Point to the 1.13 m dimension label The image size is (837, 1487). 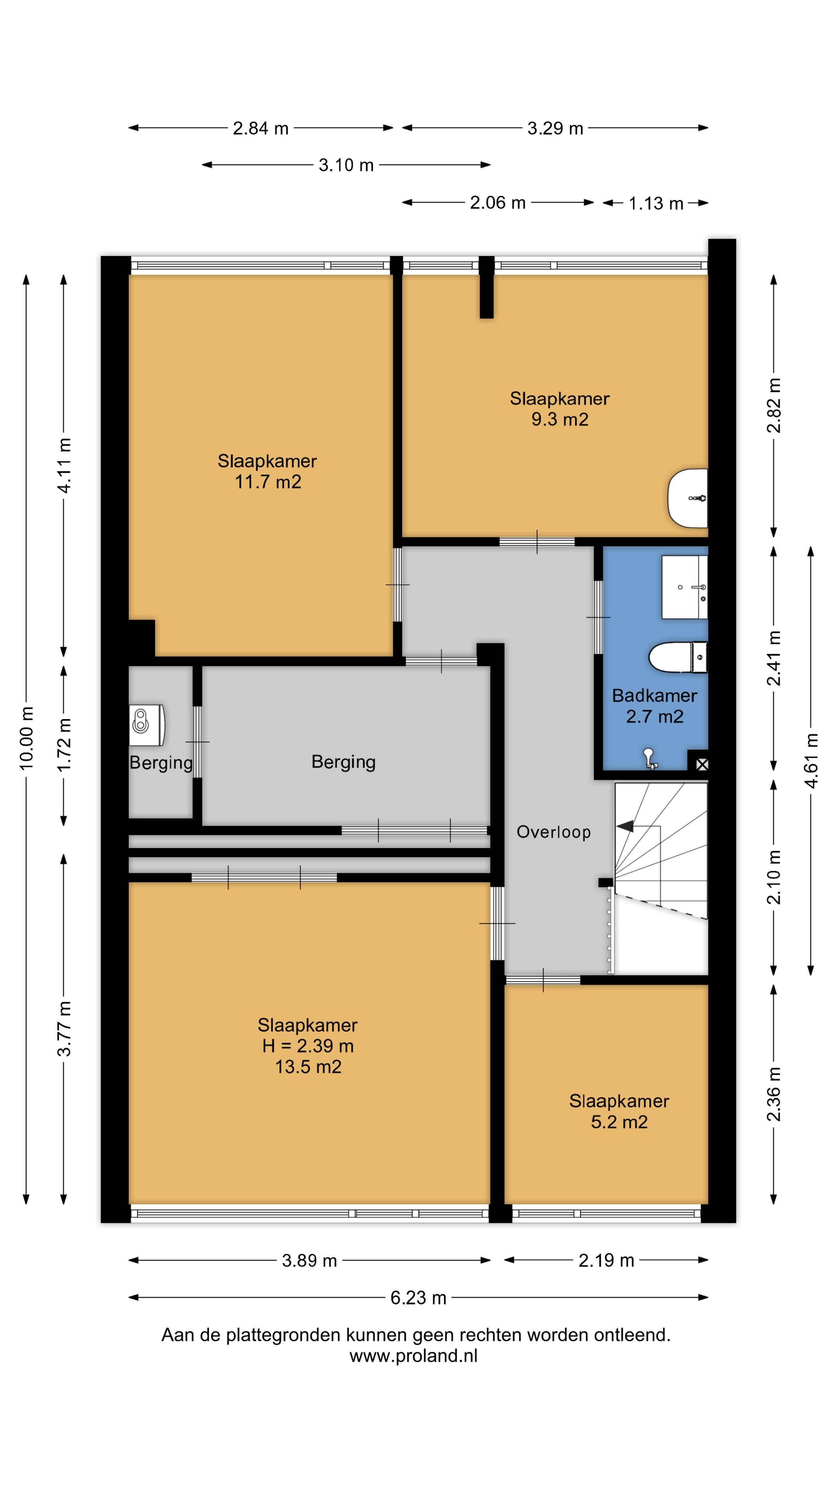click(x=656, y=203)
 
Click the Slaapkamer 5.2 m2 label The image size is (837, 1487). click(x=619, y=1111)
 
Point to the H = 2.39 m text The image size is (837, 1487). click(x=308, y=1046)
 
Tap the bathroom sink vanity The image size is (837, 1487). click(x=684, y=587)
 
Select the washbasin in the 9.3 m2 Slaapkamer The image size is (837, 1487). click(x=688, y=498)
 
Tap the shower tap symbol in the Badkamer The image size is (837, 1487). click(x=649, y=757)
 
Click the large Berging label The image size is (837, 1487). click(x=344, y=762)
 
